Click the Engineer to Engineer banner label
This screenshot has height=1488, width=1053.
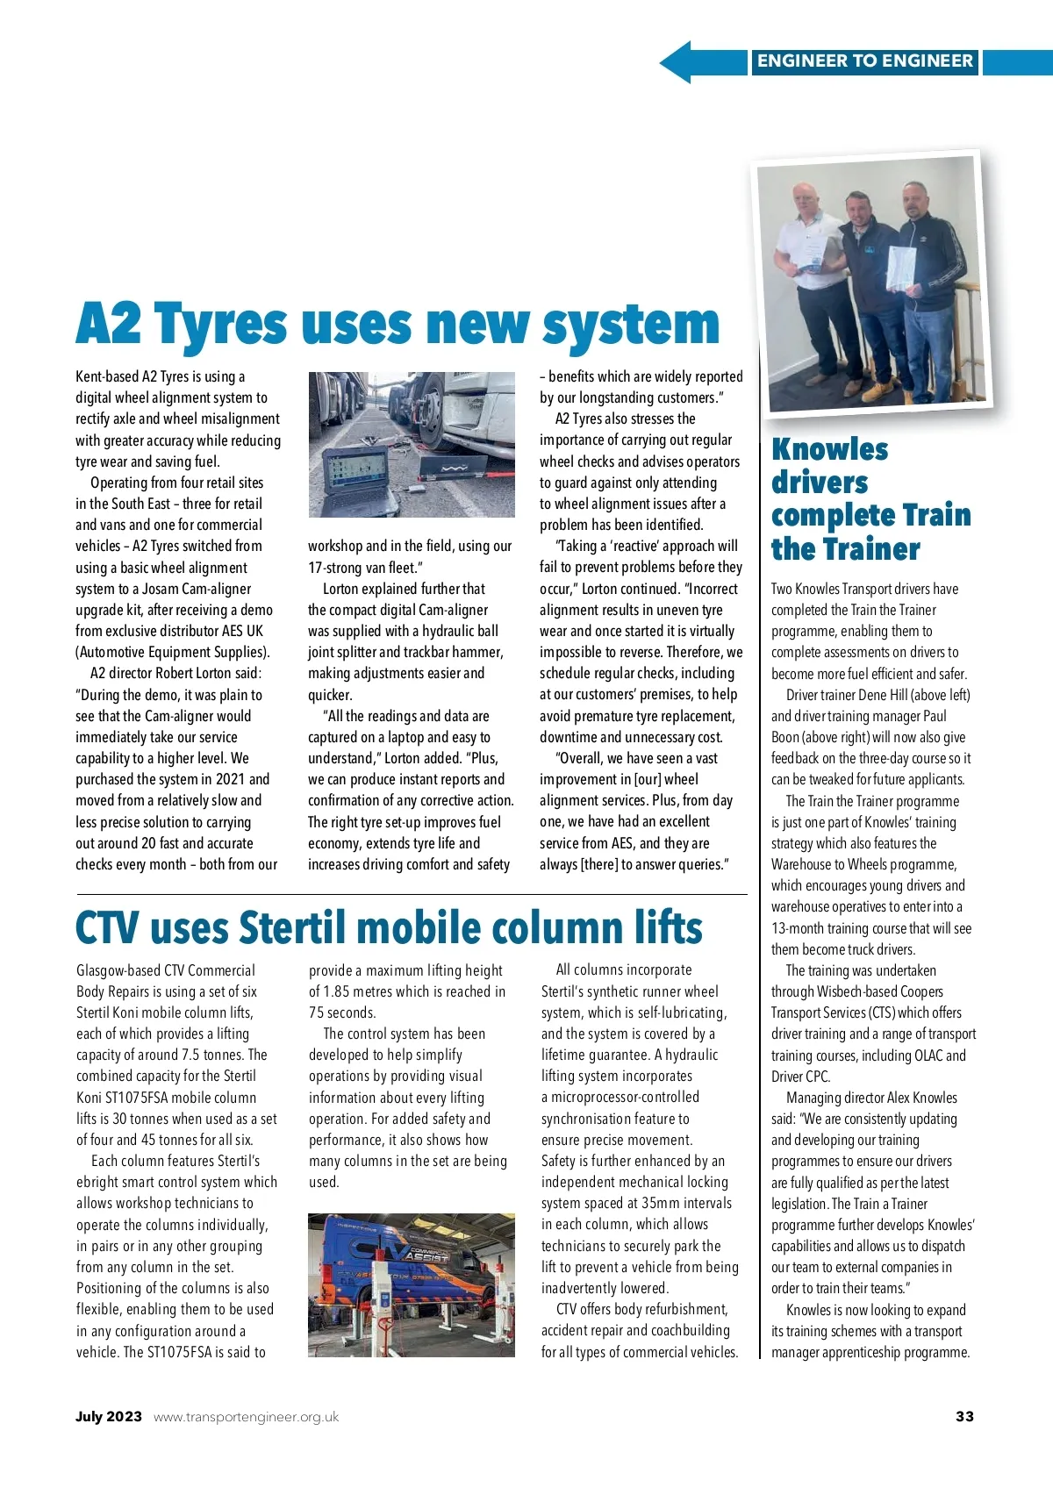click(x=864, y=61)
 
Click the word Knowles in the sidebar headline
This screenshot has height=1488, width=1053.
click(x=829, y=449)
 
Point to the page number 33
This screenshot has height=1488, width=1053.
click(x=964, y=1417)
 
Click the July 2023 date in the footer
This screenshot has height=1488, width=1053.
click(x=108, y=1417)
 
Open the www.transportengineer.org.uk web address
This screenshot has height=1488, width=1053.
click(x=246, y=1417)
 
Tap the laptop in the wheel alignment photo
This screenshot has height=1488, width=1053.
click(x=355, y=477)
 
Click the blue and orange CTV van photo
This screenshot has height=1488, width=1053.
click(x=411, y=1284)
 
